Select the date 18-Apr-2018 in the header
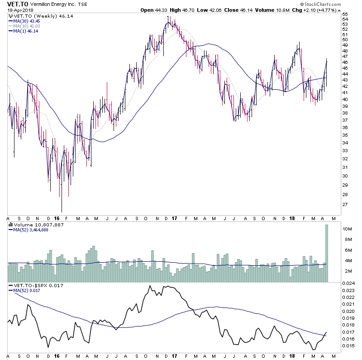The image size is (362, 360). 17,10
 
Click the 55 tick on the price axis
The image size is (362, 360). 345,14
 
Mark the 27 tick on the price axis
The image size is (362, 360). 345,204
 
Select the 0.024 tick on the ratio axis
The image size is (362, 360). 348,283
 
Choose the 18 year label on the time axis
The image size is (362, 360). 291,356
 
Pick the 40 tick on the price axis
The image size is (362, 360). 345,99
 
